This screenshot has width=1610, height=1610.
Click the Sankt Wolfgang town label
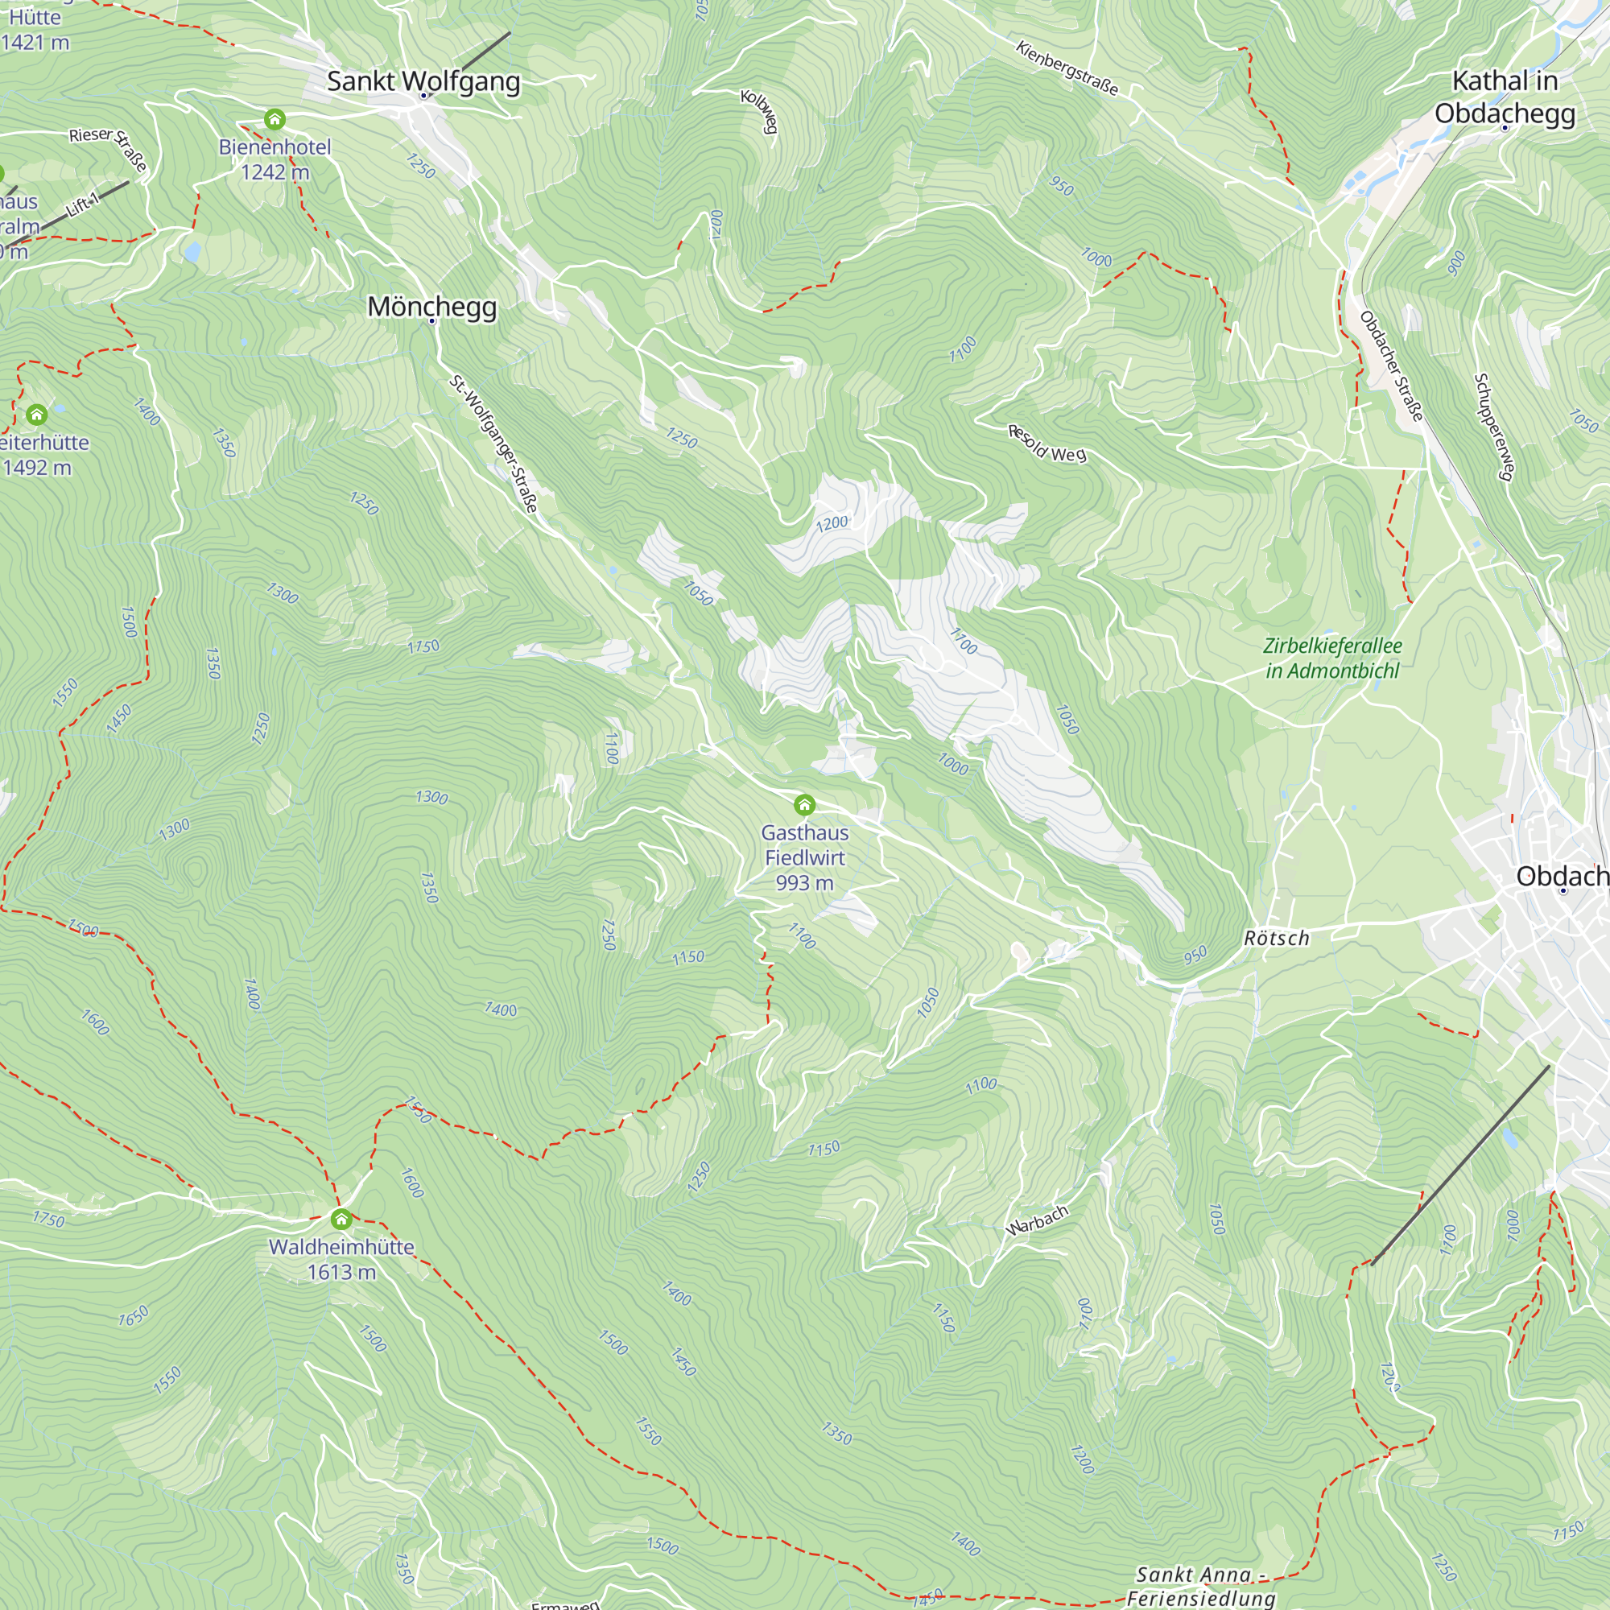pos(423,81)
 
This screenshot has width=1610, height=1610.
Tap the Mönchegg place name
pos(431,307)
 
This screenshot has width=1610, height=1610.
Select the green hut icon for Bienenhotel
pos(275,119)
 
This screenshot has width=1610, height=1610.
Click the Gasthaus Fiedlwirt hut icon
pos(804,804)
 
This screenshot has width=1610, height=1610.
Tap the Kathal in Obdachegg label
pos(1505,97)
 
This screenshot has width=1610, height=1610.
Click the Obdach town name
pos(1562,876)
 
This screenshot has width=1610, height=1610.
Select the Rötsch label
pos(1276,939)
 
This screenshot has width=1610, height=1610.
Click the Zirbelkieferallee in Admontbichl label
pos(1331,658)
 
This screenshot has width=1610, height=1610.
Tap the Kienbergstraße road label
pos(1067,68)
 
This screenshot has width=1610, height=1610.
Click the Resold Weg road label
pos(1046,444)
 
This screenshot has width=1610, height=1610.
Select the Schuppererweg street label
pos(1492,426)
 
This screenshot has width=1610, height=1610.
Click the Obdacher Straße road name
pos(1391,365)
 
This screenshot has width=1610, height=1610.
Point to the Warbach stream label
pos(1037,1221)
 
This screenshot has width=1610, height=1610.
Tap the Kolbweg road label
pos(759,111)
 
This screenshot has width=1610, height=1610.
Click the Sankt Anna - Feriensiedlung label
pos(1201,1586)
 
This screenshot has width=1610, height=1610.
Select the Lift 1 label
pos(84,204)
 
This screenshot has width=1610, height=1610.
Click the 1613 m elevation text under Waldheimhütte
pos(341,1272)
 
